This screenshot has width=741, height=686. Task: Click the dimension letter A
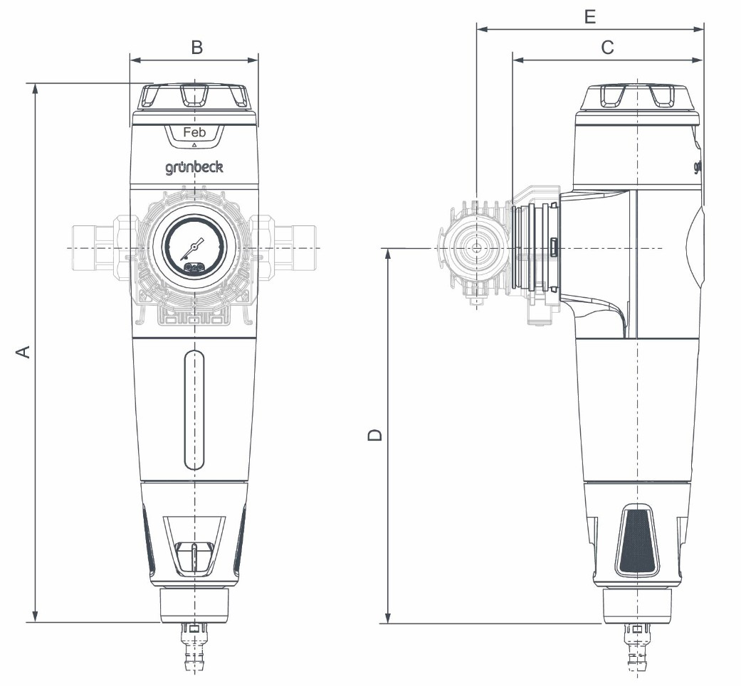coord(23,351)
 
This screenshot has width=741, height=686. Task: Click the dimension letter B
coord(197,47)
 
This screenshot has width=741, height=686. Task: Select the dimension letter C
coord(607,47)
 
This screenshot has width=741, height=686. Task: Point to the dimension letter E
coord(589,16)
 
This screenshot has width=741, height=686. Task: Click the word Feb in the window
coord(194,132)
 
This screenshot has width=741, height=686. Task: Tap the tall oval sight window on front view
coord(194,409)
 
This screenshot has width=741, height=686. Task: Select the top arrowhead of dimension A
coord(34,90)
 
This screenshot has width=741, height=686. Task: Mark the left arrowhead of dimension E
coord(482,30)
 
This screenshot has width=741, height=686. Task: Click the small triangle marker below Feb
coord(194,144)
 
